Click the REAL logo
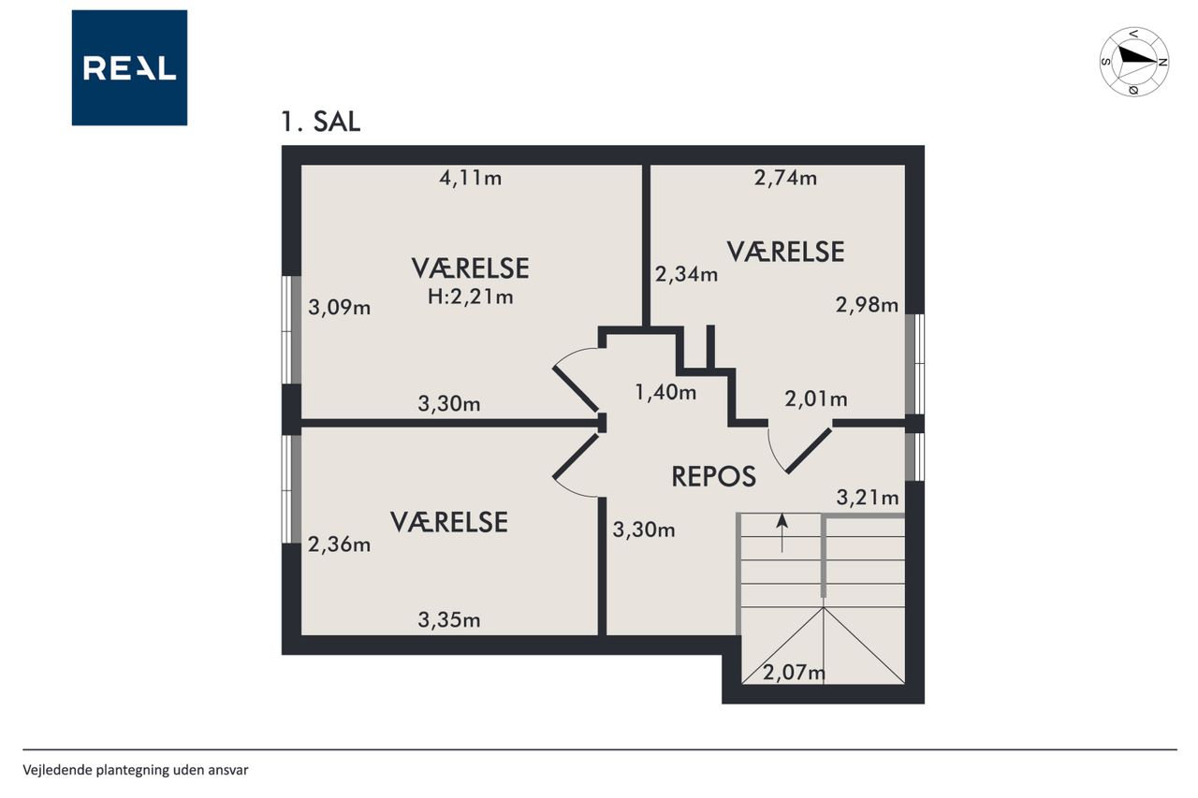coord(129,68)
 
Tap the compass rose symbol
coord(1133,62)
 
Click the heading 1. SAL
coord(321,122)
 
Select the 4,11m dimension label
coord(471,178)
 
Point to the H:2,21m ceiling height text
coord(471,297)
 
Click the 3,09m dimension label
coord(340,308)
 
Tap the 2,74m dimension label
coord(785,178)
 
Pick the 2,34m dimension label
coord(687,275)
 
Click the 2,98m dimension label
coord(867,305)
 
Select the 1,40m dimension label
coord(665,393)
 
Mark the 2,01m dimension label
coord(816,399)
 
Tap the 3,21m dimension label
coord(868,498)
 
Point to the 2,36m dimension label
coord(339,544)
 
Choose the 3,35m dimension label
coord(449,620)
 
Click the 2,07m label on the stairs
coord(795,673)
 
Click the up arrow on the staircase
coord(782,533)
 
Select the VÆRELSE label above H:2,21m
coord(471,268)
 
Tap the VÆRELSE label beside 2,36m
coord(449,522)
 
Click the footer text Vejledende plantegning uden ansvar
coord(136,770)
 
